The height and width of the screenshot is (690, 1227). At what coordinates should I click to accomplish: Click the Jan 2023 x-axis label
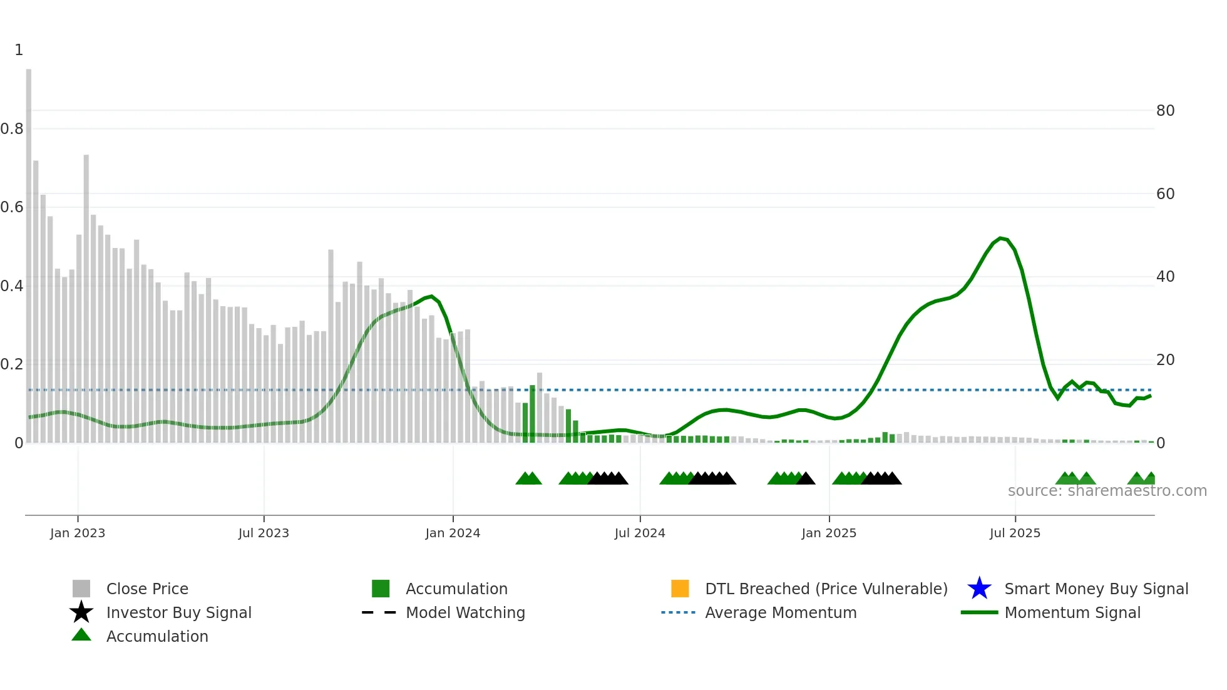click(x=78, y=533)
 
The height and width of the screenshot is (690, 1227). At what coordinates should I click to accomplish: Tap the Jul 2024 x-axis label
click(x=640, y=533)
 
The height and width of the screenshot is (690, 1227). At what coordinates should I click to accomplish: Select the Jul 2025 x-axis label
click(x=1015, y=533)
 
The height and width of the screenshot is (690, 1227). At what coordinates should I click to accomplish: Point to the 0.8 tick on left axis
click(x=12, y=129)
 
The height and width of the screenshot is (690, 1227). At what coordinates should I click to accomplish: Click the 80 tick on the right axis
click(x=1165, y=111)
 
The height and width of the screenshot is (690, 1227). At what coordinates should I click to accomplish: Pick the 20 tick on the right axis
click(x=1165, y=360)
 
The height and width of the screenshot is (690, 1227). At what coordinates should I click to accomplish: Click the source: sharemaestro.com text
click(x=1107, y=491)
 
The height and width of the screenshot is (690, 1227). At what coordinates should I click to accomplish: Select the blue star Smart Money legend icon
click(x=979, y=589)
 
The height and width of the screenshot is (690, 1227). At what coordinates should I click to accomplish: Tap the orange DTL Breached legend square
click(x=680, y=589)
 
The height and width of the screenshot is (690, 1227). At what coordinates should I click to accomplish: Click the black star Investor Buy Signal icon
click(x=81, y=612)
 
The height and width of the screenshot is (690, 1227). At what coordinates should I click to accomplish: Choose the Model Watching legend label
click(x=465, y=612)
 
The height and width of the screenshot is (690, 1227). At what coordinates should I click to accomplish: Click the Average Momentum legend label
click(x=781, y=612)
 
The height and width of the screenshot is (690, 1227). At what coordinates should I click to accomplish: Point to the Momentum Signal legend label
click(x=1072, y=612)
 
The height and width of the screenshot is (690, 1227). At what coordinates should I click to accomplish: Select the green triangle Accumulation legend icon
click(x=81, y=635)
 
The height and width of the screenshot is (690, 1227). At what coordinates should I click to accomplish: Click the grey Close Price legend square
click(x=81, y=589)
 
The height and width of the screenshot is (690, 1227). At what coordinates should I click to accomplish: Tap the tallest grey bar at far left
click(x=29, y=250)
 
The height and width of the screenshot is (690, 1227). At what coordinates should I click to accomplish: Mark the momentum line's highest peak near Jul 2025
click(x=1000, y=238)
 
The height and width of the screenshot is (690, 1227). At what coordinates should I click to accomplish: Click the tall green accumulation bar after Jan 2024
click(x=532, y=413)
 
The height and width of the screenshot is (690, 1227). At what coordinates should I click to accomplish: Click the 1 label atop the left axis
click(x=19, y=50)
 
